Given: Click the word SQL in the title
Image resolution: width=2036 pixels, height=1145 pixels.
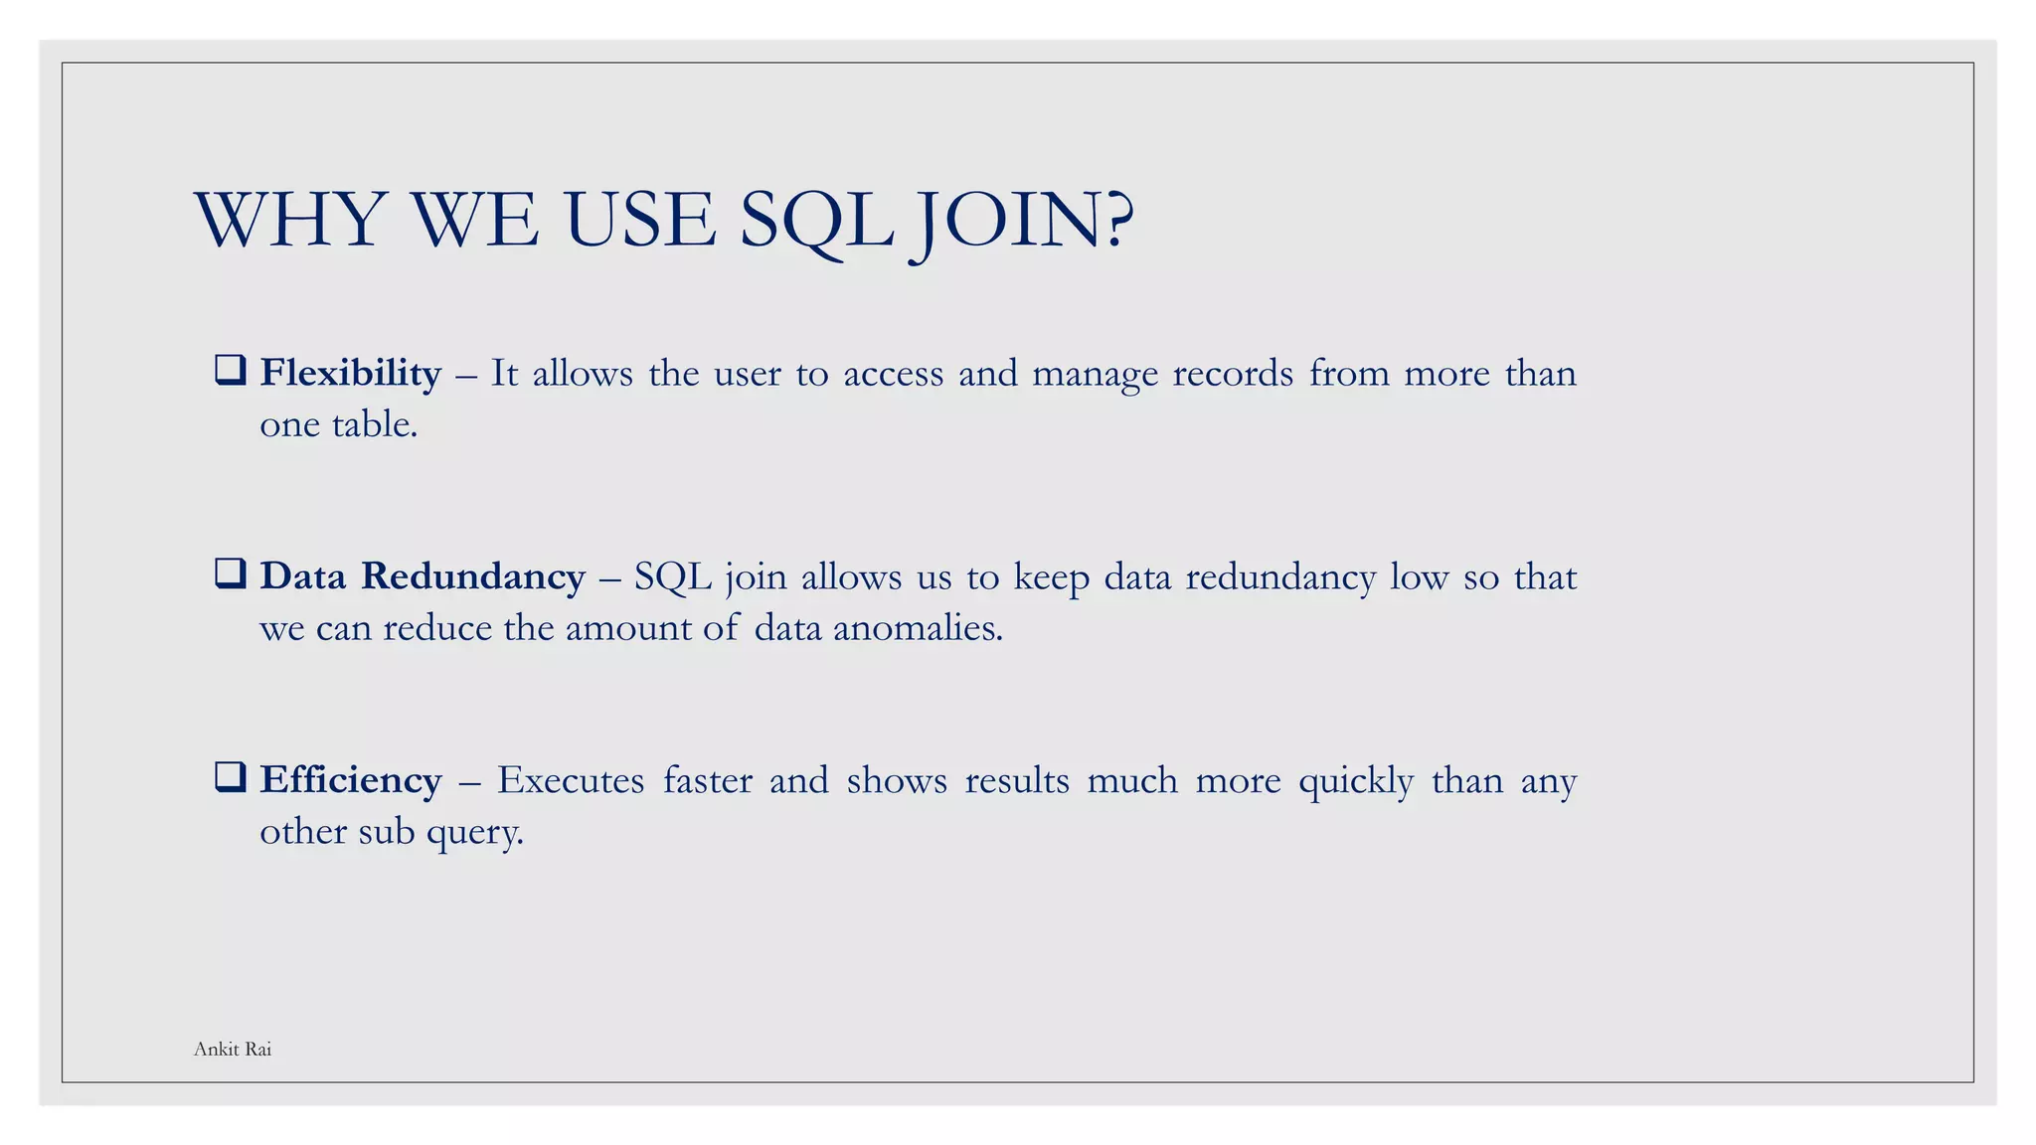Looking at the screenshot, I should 817,220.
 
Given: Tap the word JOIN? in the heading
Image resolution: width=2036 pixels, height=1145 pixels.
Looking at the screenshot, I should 1024,220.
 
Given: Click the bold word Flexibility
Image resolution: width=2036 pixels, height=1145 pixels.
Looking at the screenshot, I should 350,373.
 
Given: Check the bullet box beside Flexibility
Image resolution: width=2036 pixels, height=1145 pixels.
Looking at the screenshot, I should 230,370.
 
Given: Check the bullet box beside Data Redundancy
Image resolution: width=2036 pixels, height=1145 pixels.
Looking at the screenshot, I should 230,573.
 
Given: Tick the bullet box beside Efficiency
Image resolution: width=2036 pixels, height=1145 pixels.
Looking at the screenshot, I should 230,776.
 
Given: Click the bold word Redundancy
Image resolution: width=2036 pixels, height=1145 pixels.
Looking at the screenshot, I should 472,576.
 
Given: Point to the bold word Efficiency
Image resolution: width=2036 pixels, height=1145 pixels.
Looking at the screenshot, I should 350,780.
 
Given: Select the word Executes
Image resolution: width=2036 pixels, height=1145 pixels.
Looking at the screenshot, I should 570,780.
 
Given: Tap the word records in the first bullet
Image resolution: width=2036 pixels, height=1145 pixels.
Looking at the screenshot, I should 1233,374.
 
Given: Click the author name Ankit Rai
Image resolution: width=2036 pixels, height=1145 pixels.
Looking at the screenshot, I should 233,1050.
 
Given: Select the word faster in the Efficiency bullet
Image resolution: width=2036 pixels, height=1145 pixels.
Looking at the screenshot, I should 708,780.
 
